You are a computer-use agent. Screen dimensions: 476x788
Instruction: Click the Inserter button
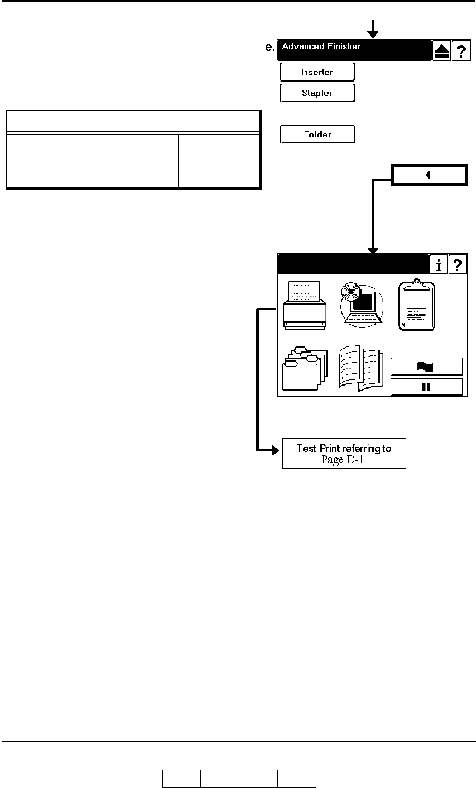317,72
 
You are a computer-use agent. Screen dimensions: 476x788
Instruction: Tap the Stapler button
317,93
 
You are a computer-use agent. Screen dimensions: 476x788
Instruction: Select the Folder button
317,135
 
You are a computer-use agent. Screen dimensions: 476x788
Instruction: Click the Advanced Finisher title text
321,47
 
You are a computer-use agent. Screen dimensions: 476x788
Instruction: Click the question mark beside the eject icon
461,51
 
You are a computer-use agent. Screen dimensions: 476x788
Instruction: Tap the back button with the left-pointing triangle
429,175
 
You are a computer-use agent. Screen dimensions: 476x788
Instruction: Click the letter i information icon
439,264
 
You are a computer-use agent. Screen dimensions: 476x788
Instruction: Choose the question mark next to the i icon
458,264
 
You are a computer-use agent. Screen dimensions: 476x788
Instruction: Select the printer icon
305,305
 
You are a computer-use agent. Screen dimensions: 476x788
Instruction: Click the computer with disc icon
362,305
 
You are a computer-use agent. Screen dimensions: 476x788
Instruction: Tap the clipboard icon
416,305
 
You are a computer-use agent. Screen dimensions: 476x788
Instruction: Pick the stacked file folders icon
305,368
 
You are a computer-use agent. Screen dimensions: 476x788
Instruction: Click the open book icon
361,368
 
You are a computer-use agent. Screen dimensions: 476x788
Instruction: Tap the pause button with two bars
427,386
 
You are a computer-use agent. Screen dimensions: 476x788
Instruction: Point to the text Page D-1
342,460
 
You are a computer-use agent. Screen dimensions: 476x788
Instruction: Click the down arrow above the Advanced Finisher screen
373,29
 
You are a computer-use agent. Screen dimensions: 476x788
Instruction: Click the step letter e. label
269,47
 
